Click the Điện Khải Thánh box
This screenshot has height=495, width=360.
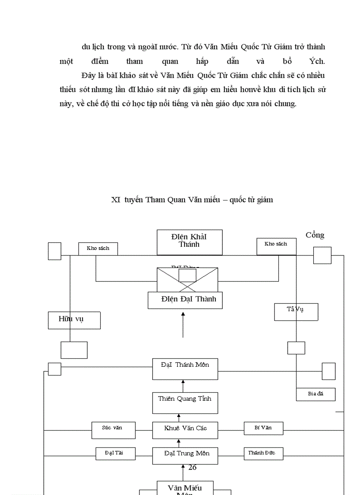(x=189, y=242)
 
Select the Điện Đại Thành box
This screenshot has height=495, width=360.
(x=185, y=300)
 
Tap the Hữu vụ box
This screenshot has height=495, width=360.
(x=74, y=320)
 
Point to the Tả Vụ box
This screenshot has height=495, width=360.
(x=296, y=312)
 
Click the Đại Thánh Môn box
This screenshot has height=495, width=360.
(x=185, y=369)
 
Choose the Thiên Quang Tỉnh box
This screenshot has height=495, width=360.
(x=185, y=403)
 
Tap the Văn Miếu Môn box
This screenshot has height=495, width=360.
(x=185, y=488)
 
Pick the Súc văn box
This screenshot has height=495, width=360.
(x=113, y=430)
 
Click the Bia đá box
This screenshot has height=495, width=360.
(x=315, y=394)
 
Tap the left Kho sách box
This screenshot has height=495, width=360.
(x=98, y=249)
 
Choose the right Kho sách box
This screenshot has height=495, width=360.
(x=276, y=246)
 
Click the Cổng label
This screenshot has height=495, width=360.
(x=315, y=235)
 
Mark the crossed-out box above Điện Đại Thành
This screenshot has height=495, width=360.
(x=187, y=280)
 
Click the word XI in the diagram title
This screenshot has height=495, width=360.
(x=116, y=200)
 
